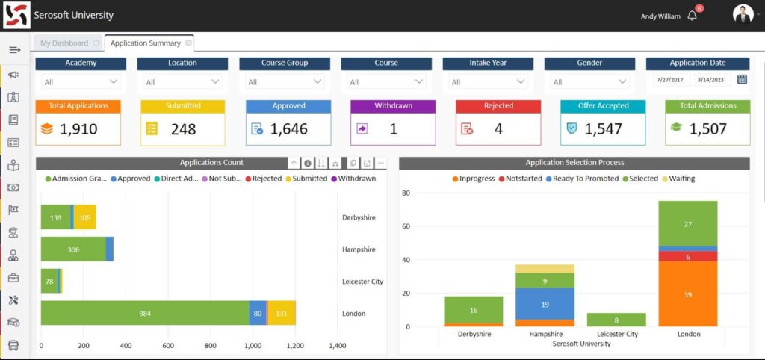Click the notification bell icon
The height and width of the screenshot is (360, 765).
[693, 16]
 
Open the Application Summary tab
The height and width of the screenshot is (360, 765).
[146, 43]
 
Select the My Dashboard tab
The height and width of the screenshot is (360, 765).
[64, 43]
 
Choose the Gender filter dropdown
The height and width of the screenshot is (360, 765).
[590, 82]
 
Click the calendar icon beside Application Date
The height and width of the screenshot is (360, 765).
[742, 80]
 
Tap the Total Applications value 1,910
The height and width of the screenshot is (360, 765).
[78, 129]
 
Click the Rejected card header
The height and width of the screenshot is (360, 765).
[498, 106]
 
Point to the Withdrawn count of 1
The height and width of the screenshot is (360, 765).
[394, 129]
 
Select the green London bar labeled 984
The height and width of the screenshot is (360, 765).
[145, 313]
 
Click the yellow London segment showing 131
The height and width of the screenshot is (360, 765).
[282, 313]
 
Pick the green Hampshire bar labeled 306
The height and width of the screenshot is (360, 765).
[73, 249]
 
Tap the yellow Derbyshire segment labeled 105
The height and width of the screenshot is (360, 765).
[84, 217]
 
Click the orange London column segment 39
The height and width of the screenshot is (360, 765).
[687, 294]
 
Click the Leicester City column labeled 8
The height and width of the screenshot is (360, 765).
[616, 320]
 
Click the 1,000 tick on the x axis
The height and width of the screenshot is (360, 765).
[253, 346]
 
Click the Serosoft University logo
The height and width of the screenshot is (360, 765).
[16, 16]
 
